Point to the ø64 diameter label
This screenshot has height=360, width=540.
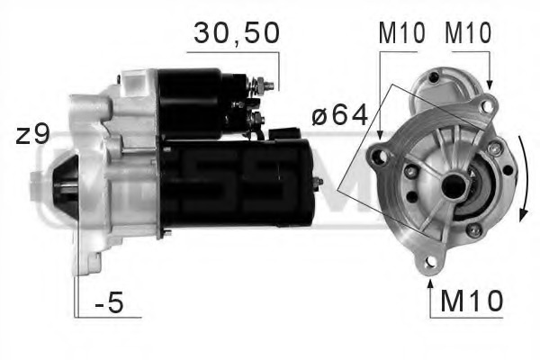[339, 116]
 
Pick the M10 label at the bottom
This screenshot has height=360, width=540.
[471, 301]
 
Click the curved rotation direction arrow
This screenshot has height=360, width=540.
[523, 184]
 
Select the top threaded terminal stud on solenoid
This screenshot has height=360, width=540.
[267, 85]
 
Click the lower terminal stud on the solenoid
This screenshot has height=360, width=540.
[259, 116]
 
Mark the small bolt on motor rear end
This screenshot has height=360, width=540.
[318, 182]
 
